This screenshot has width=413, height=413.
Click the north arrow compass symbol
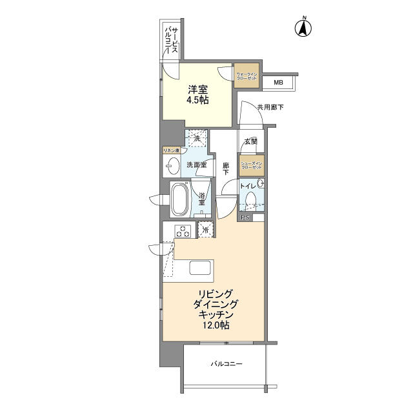click(303, 28)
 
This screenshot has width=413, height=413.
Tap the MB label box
click(278, 83)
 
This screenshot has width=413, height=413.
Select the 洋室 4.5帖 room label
click(196, 96)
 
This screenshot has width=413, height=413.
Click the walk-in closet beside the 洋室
click(246, 76)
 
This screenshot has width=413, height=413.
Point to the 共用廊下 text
click(270, 107)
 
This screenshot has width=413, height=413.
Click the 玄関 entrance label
click(250, 141)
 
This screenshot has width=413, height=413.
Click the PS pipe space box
click(245, 218)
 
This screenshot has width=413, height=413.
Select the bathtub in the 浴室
click(180, 201)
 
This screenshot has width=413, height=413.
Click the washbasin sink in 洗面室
click(172, 166)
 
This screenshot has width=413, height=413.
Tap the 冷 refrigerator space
click(206, 230)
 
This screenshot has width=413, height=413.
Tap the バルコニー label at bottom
click(226, 364)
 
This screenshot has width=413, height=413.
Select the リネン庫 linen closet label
click(171, 150)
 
